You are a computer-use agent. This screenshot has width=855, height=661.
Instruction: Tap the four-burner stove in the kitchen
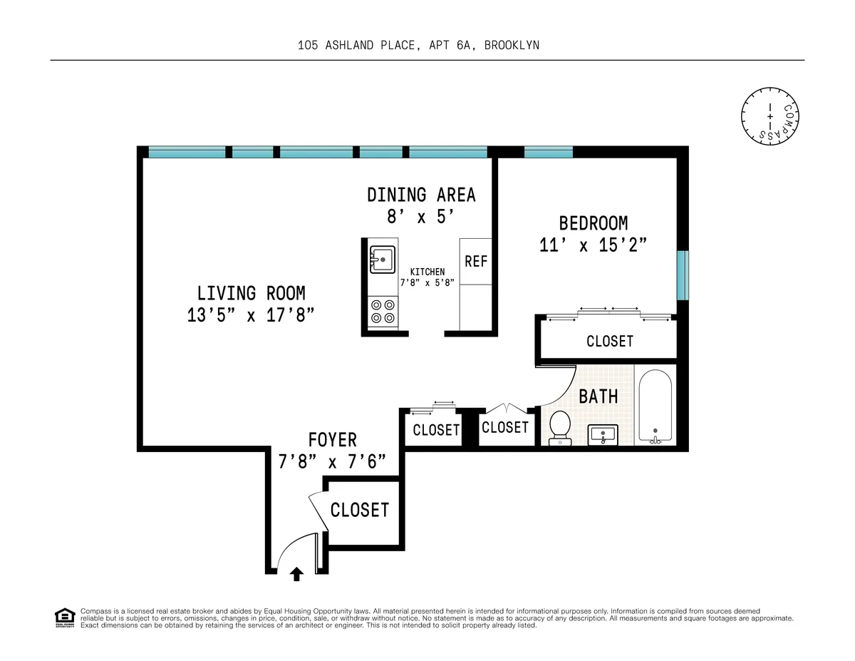pos(383,311)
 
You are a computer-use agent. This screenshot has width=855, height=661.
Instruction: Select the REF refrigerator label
pos(476,262)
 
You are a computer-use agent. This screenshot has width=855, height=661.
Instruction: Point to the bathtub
pos(654,406)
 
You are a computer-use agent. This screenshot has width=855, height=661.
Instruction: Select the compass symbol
pos(770,115)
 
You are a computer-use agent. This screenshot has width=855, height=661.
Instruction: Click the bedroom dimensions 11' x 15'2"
pos(593,245)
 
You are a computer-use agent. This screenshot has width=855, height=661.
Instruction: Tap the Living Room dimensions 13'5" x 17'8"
pos(251,315)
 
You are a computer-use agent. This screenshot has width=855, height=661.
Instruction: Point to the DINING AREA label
pos(420,195)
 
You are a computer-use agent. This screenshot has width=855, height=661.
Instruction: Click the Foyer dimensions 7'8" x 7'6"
pos(332,461)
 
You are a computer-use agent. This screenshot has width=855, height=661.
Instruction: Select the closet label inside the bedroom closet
pos(610,342)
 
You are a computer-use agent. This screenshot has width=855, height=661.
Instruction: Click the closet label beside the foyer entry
pos(359,510)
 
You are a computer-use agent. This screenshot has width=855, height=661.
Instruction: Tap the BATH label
pos(598,396)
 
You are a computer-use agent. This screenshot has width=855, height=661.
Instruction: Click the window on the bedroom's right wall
pos(683,275)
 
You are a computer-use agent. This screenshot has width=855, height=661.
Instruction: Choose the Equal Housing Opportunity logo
pos(64,617)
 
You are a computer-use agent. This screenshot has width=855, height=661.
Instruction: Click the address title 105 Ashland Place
pos(418,45)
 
